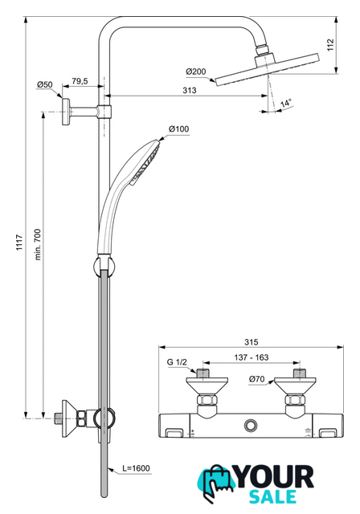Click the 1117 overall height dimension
click(x=19, y=243)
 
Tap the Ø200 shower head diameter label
click(x=196, y=71)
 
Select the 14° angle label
click(x=286, y=104)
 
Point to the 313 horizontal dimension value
click(x=190, y=90)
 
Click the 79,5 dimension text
click(x=80, y=81)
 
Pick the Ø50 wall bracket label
click(x=44, y=84)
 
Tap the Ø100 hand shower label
click(x=179, y=129)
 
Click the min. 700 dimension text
click(x=38, y=244)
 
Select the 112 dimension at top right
click(x=330, y=45)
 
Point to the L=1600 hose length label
click(x=137, y=468)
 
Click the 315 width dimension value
click(x=252, y=342)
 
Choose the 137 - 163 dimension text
click(x=252, y=357)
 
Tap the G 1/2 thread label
click(x=177, y=362)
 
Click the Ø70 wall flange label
click(x=256, y=379)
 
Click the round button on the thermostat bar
click(x=251, y=426)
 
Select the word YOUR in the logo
click(x=275, y=477)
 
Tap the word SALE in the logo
click(x=272, y=497)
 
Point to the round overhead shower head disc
click(x=267, y=70)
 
